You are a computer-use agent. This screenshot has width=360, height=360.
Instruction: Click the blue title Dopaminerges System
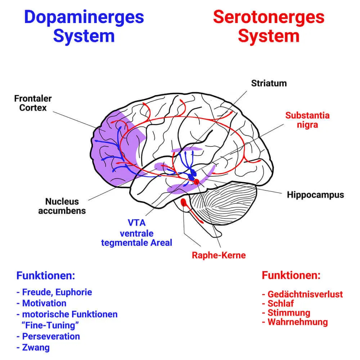[x=84, y=26]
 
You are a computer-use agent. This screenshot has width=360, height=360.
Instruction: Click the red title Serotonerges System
[x=269, y=26]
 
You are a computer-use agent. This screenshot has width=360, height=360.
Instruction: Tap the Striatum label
[x=269, y=83]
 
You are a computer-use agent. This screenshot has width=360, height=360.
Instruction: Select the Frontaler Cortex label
[x=33, y=103]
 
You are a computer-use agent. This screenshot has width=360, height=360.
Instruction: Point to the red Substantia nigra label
[x=307, y=120]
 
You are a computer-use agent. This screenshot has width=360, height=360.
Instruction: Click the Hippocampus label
[x=315, y=195]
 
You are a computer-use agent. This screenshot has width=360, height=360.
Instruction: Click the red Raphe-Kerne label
[x=219, y=255]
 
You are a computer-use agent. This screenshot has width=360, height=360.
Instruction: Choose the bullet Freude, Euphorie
[x=57, y=292]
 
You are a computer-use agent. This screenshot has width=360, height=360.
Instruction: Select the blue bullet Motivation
[x=44, y=303]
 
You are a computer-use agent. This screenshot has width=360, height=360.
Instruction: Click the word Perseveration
[x=51, y=336]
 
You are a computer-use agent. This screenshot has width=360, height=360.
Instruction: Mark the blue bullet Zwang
[x=36, y=347]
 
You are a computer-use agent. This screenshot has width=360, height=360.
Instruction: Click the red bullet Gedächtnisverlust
[x=305, y=294]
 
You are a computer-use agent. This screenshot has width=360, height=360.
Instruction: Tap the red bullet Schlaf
[x=280, y=303]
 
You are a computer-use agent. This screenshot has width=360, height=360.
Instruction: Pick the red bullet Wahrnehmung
[x=297, y=321]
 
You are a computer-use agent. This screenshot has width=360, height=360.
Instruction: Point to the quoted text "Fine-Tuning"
[x=50, y=325]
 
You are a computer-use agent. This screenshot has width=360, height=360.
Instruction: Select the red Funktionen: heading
[x=291, y=275]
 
